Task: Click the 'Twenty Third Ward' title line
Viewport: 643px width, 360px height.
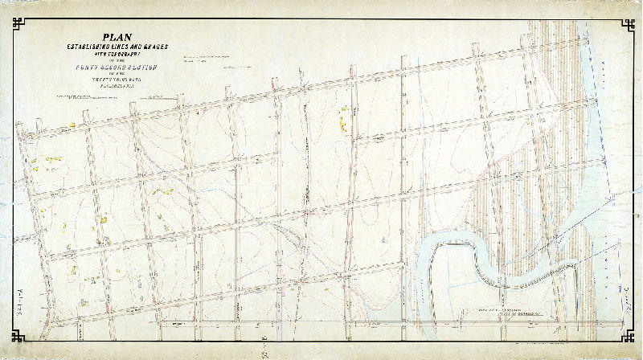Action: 118,83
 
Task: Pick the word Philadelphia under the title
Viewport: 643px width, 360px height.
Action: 118,90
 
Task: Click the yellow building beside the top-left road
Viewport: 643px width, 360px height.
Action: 71,125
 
